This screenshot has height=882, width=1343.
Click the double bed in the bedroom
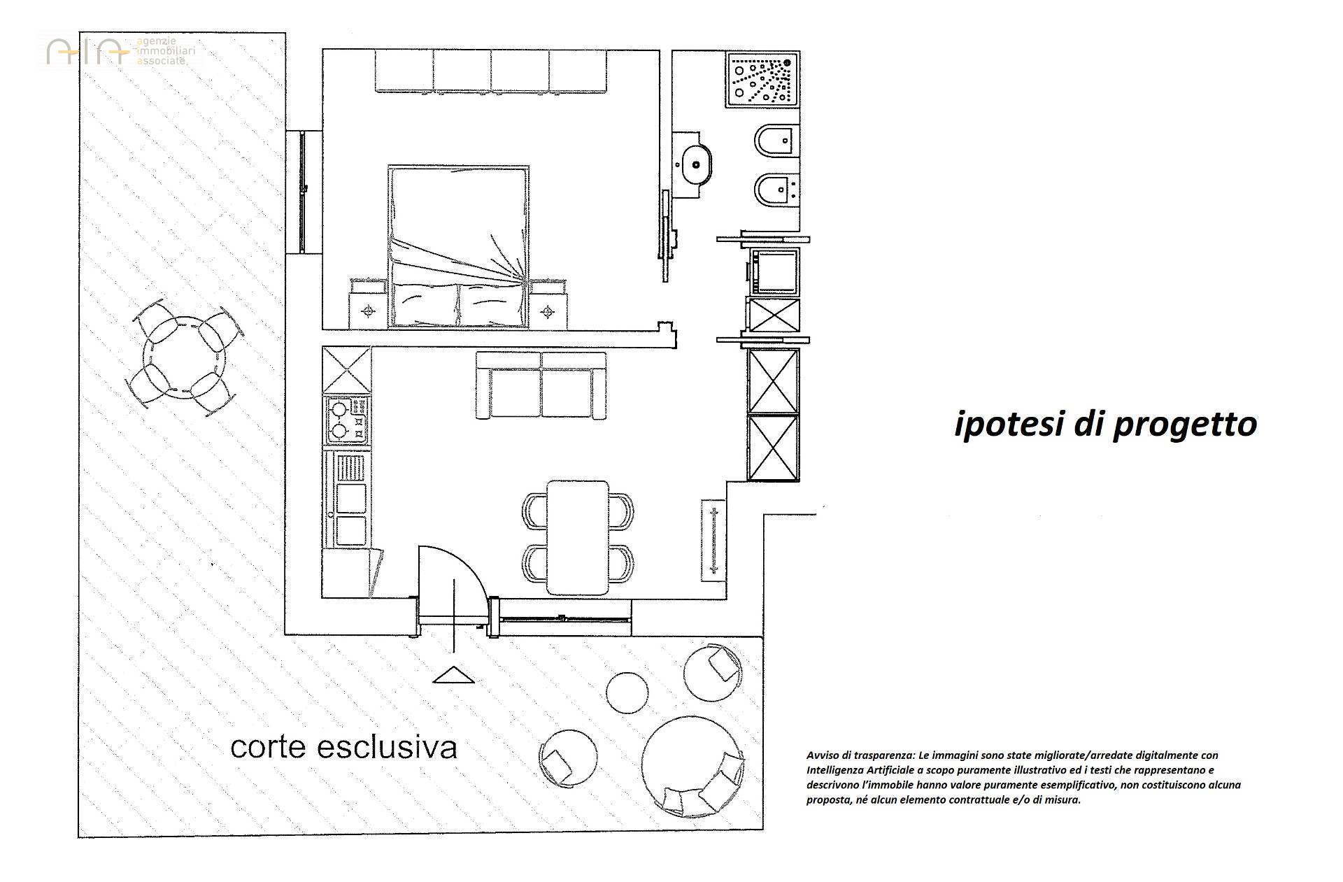pyautogui.click(x=458, y=246)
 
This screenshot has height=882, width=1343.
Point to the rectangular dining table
pyautogui.click(x=578, y=537)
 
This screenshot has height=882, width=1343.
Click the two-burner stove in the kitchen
pyautogui.click(x=346, y=419)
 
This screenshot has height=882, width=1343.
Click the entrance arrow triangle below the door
pyautogui.click(x=454, y=674)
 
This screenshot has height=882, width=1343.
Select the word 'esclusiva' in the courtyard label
pyautogui.click(x=388, y=747)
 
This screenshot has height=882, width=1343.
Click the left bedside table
pyautogui.click(x=368, y=303)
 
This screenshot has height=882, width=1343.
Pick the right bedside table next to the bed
pyautogui.click(x=548, y=303)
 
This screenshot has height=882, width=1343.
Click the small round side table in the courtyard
pyautogui.click(x=627, y=692)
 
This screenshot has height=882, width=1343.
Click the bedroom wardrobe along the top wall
pyautogui.click(x=491, y=71)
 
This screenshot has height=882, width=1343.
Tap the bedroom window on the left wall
pyautogui.click(x=303, y=192)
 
